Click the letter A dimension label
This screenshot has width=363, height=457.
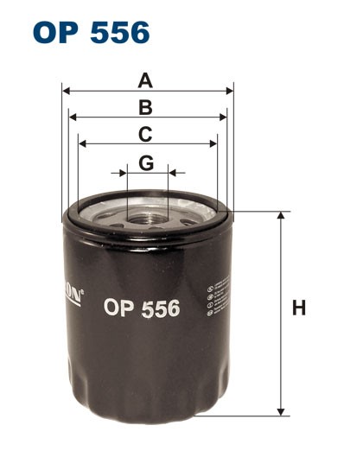click(x=146, y=81)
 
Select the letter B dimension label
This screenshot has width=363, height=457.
click(x=146, y=107)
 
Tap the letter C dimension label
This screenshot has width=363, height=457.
click(x=146, y=134)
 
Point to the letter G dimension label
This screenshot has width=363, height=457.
click(x=146, y=162)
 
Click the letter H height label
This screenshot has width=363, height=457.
click(x=299, y=308)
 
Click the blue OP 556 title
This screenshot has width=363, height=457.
click(x=92, y=33)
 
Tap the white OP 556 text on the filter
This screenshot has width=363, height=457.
click(x=141, y=307)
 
